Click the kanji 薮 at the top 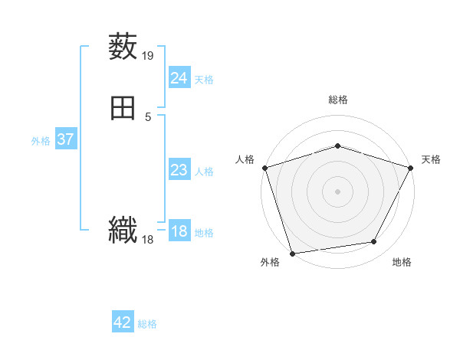click(x=123, y=46)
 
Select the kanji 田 click(x=123, y=108)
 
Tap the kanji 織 click(x=123, y=230)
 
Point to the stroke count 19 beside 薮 click(x=148, y=55)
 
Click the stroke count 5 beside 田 click(x=148, y=117)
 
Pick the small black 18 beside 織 click(x=148, y=240)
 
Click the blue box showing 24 click(x=179, y=78)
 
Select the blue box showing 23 click(x=179, y=170)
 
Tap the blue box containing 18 click(x=179, y=232)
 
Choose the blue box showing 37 click(x=65, y=139)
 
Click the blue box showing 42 click(x=123, y=322)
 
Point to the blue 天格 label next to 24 click(x=204, y=79)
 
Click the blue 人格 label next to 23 click(x=204, y=171)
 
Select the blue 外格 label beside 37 click(x=41, y=140)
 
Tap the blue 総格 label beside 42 click(x=147, y=324)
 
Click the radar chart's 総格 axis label click(x=337, y=100)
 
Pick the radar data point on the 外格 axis click(x=292, y=253)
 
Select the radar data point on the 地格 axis click(x=374, y=242)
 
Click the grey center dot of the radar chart click(x=337, y=191)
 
